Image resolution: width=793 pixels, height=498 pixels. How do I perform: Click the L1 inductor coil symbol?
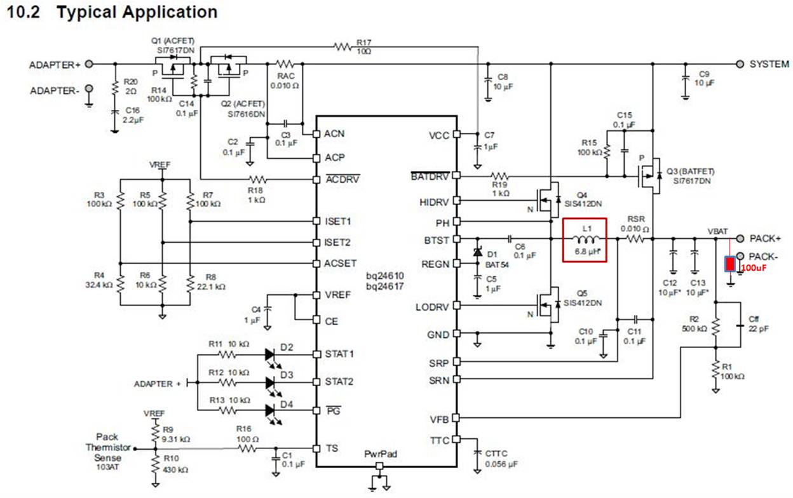586,239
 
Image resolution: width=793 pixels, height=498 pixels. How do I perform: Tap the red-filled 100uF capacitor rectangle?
729,264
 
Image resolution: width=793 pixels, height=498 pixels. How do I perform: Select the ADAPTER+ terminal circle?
89,64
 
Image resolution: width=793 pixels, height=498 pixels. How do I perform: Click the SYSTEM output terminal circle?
740,64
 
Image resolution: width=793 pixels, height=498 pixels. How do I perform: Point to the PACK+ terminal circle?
740,239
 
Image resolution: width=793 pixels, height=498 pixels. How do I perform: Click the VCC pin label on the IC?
438,135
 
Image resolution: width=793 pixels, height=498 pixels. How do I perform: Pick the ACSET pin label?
340,264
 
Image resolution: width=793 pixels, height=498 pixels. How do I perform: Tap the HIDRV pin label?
434,203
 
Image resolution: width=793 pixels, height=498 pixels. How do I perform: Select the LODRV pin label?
432,307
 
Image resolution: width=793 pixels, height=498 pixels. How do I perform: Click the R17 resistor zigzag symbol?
342,46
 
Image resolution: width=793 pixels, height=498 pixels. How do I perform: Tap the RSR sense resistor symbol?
635,239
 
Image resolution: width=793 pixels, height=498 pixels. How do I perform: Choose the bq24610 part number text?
385,276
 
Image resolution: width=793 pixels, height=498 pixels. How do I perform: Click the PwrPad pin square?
379,466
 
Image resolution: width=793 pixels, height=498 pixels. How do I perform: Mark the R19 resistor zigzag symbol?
499,175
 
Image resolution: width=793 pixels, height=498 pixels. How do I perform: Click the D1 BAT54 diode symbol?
478,252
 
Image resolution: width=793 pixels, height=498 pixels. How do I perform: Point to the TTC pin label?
439,441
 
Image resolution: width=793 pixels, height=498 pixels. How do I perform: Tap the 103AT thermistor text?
107,468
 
